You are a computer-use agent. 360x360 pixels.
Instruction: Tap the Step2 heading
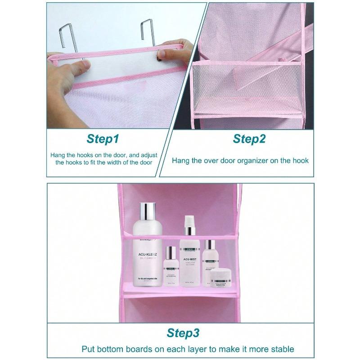[x=249, y=139]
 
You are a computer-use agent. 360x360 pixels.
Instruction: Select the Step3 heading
[x=183, y=333]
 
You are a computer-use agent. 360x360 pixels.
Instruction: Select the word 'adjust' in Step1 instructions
[x=141, y=154]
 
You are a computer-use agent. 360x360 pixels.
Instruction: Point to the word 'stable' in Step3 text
[x=281, y=349]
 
